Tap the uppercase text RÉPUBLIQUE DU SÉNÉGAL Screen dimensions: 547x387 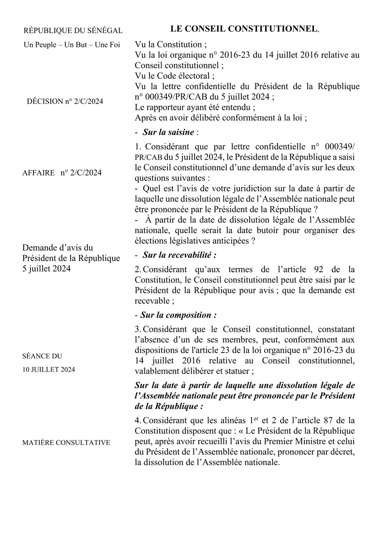pyautogui.click(x=73, y=31)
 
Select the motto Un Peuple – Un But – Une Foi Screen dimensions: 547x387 pyautogui.click(x=72, y=45)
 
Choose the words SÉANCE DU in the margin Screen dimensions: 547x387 pyautogui.click(x=43, y=356)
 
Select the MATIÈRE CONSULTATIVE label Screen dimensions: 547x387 pyautogui.click(x=66, y=442)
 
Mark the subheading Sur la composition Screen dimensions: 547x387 pyautogui.click(x=178, y=315)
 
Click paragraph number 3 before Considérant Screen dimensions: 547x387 pyautogui.click(x=137, y=329)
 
